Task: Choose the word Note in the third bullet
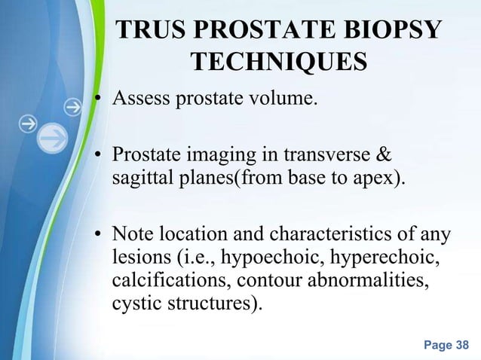pyautogui.click(x=133, y=236)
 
